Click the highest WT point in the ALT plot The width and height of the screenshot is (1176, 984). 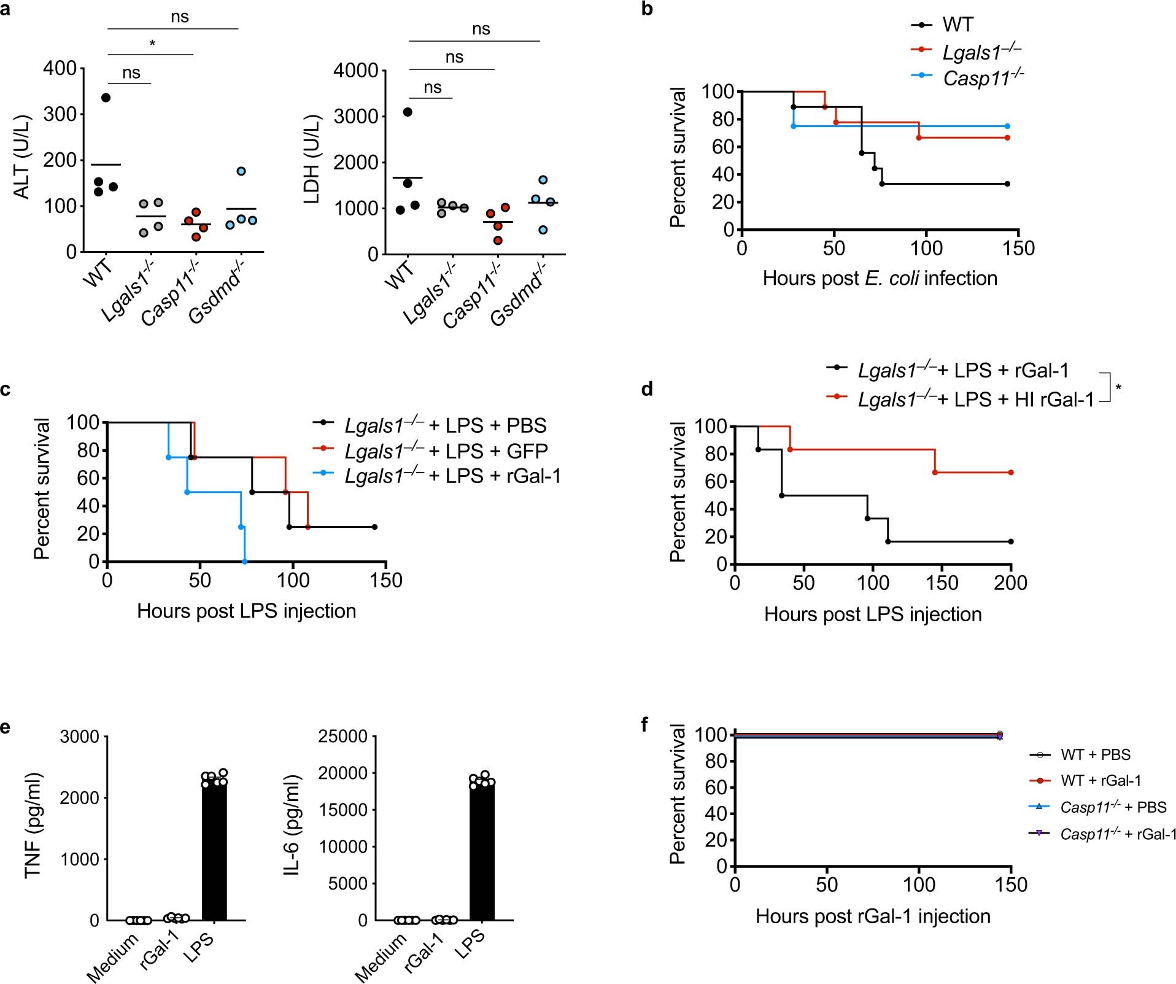tap(106, 98)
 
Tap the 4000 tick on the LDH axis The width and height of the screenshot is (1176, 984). tap(355, 71)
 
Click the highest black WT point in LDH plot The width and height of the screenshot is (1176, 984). tap(408, 112)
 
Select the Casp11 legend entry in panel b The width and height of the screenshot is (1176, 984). tap(983, 78)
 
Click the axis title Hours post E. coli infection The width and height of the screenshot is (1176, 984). tap(880, 278)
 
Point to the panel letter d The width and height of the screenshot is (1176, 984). tap(646, 390)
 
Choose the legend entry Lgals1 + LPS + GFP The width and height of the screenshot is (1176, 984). tap(446, 451)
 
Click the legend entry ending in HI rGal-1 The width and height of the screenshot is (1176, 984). tap(975, 400)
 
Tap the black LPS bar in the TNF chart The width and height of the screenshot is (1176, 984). tap(214, 853)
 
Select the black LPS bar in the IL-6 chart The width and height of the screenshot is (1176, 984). tap(482, 853)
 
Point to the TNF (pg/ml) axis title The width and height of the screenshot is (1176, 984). tap(33, 826)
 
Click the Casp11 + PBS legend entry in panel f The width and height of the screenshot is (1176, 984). tap(1113, 807)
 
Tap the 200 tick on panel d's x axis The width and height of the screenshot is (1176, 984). tap(1010, 583)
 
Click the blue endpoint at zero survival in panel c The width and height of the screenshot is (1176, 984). tap(244, 561)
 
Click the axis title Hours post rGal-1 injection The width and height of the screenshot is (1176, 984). tap(873, 916)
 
